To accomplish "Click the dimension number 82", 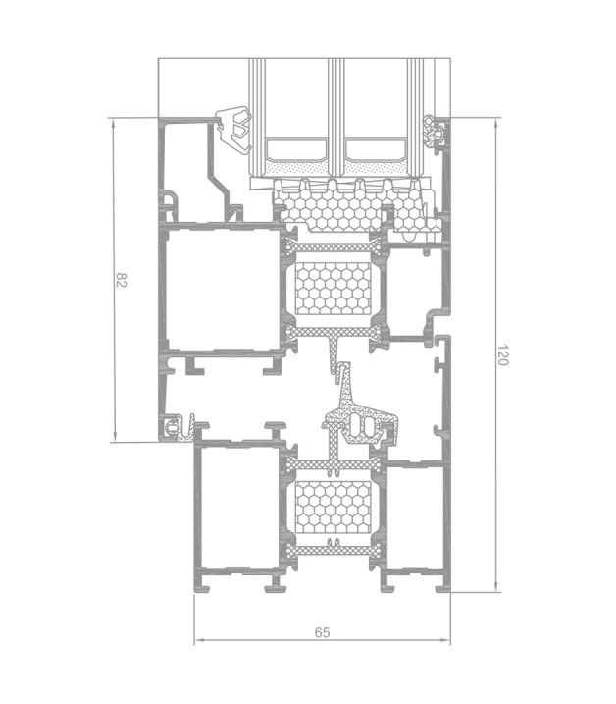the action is click(x=122, y=280).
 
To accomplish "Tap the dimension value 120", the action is click(x=503, y=355).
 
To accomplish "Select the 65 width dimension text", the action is click(x=322, y=632).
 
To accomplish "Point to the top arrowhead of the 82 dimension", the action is click(x=115, y=123).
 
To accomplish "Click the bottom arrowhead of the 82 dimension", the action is click(x=115, y=437).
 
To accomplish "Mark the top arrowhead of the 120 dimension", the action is click(x=495, y=123).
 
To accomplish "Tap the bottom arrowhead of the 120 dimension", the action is click(x=495, y=587).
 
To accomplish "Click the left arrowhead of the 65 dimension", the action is click(x=199, y=640).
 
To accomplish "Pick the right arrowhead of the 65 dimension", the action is click(x=445, y=640).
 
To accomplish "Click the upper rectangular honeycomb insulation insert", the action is click(x=333, y=289).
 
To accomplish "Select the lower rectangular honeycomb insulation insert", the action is click(x=333, y=507).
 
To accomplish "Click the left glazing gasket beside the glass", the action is click(x=234, y=129).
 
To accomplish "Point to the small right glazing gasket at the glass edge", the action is click(x=433, y=132).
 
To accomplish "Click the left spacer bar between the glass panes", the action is click(x=296, y=150).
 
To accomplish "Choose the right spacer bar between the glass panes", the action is click(x=376, y=150).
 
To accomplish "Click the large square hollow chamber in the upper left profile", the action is click(x=222, y=289).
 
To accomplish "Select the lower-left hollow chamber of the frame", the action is click(x=239, y=507).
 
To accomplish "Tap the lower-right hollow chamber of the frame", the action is click(x=415, y=516).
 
